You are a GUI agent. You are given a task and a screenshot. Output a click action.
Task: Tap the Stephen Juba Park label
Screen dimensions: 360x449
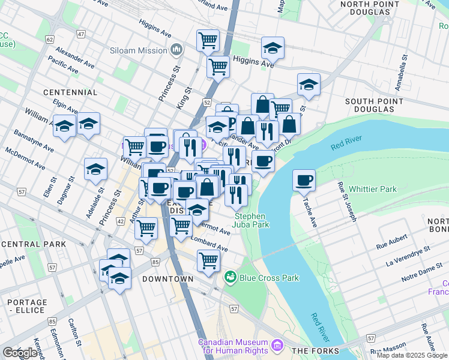[x=252, y=220]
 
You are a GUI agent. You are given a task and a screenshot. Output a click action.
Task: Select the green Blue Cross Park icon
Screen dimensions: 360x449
[x=229, y=277]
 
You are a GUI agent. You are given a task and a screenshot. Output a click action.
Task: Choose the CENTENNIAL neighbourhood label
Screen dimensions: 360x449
[x=70, y=92]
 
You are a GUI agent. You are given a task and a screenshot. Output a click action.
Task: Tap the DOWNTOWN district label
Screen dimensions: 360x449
[x=167, y=279]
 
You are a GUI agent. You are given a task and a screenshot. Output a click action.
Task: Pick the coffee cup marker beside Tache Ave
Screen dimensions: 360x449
[x=304, y=180]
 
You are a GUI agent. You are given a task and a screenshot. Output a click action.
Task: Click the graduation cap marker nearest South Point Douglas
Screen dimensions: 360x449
[x=309, y=85]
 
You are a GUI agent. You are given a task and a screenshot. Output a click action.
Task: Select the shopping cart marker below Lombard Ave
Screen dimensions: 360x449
[x=208, y=261]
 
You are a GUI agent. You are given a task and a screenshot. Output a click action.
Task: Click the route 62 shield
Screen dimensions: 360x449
[x=48, y=40]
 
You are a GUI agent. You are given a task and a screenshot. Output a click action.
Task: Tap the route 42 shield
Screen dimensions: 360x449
[x=121, y=221]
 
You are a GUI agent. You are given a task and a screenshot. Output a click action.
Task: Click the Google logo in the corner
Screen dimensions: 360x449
[x=20, y=353]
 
